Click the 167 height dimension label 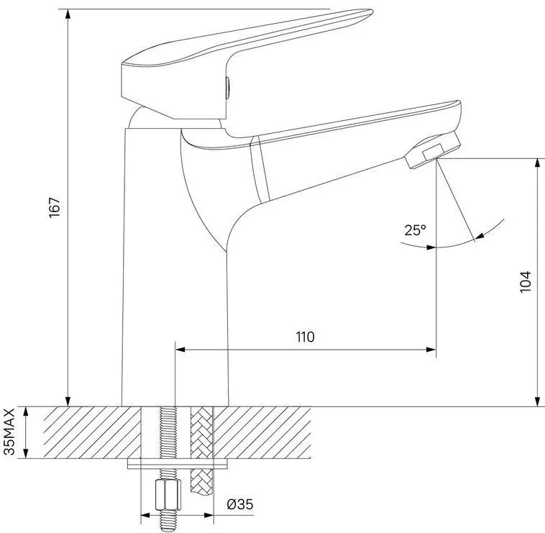pos(55,208)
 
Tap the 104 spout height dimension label pos(526,282)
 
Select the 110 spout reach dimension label pos(305,337)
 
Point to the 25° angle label pos(415,230)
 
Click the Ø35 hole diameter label pos(240,504)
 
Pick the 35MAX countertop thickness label pos(9,432)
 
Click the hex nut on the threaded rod pos(168,494)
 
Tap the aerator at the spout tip pos(433,150)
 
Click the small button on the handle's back pos(228,88)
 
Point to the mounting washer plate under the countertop pos(178,464)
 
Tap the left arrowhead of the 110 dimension pos(180,350)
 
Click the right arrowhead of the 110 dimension pos(431,350)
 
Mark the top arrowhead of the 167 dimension pos(68,14)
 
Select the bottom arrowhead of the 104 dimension pos(538,401)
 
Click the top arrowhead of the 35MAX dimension pos(25,412)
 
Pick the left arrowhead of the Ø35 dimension pos(146,515)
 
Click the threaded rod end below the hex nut pos(168,520)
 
